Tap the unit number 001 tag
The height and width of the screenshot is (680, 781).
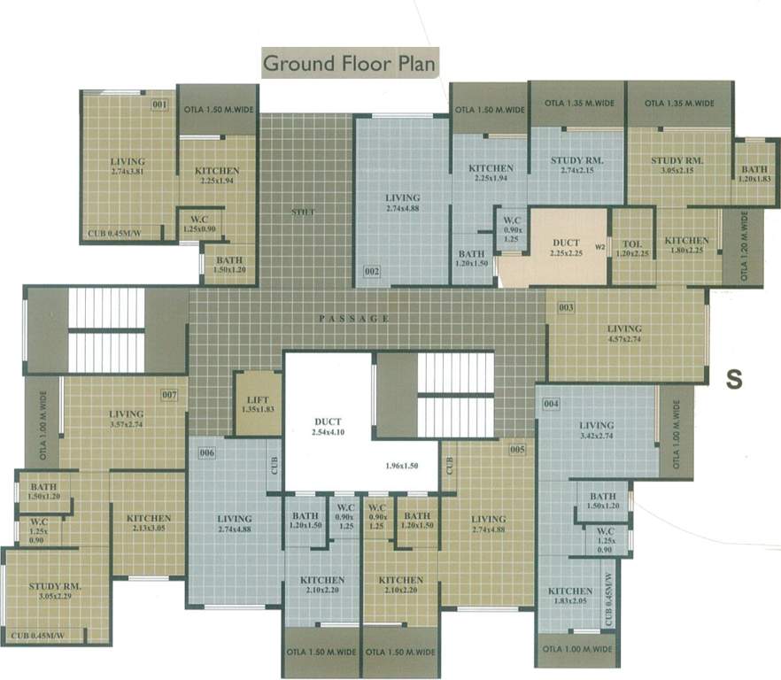click(x=160, y=106)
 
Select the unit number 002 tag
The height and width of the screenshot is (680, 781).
click(x=372, y=271)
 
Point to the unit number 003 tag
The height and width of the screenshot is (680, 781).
click(x=566, y=308)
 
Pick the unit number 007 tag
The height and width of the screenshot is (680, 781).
click(x=169, y=394)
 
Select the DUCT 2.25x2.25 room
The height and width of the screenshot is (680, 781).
click(x=566, y=246)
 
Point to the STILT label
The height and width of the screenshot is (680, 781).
click(x=305, y=212)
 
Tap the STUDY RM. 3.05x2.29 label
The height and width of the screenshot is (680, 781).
click(x=56, y=590)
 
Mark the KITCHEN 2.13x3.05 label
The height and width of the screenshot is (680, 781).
click(x=148, y=523)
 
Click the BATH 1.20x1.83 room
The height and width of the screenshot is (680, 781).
click(x=754, y=174)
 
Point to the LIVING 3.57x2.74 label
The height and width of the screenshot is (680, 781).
click(x=127, y=419)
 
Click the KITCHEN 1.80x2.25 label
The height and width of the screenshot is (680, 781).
click(x=686, y=245)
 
